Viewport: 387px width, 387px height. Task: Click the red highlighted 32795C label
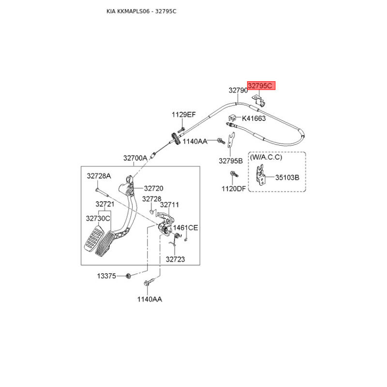(261, 86)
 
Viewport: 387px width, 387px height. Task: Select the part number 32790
(238, 90)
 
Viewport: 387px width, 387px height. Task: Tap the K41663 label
(253, 119)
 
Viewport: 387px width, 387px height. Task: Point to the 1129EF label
(184, 115)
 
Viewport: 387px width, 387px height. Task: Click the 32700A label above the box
(135, 158)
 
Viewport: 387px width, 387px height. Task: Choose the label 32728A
(99, 176)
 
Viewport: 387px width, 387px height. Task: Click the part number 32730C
(98, 219)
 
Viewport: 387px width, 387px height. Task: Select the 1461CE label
(186, 227)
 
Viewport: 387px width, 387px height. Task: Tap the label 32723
(175, 259)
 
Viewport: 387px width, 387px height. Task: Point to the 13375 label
(106, 276)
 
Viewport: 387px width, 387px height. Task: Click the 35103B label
(287, 178)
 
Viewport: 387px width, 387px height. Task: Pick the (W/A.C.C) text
(266, 157)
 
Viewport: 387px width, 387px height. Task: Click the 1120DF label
(234, 189)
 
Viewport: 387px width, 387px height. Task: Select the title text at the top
(141, 11)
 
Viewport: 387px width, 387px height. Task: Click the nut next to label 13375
(128, 276)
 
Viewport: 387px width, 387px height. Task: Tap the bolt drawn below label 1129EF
(181, 129)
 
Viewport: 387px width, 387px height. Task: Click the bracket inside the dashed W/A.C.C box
(261, 175)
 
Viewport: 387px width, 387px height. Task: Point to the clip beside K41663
(232, 118)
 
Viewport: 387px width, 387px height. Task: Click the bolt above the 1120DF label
(234, 174)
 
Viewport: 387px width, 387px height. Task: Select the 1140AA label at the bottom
(149, 299)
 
